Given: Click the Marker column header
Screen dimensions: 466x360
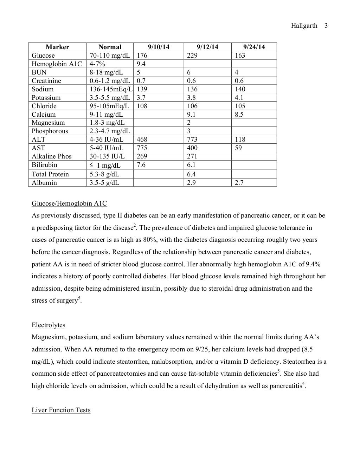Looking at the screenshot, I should pyautogui.click(x=57, y=47).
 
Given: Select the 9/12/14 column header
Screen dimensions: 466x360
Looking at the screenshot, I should pyautogui.click(x=207, y=47).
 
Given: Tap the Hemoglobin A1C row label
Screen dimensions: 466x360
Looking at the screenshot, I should pyautogui.click(x=57, y=64).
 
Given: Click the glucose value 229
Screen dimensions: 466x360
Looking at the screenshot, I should pyautogui.click(x=192, y=56).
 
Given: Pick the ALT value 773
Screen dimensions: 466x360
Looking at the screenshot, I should pyautogui.click(x=192, y=140).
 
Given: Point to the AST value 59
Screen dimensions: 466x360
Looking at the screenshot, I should pyautogui.click(x=238, y=148).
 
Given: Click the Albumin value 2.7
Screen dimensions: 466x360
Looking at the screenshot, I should pyautogui.click(x=239, y=183).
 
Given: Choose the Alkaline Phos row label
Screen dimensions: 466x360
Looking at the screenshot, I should pyautogui.click(x=52, y=156).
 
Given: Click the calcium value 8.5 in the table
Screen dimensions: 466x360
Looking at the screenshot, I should pyautogui.click(x=239, y=115).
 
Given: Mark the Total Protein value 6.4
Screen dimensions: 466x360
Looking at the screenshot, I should pyautogui.click(x=191, y=174).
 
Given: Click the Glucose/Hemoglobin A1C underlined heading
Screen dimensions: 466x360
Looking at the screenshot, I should pyautogui.click(x=69, y=203).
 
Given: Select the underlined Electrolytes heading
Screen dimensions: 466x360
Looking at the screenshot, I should pyautogui.click(x=49, y=325).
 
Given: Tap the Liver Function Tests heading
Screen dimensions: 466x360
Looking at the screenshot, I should pyautogui.click(x=61, y=410).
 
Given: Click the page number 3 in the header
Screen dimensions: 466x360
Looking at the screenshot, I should pyautogui.click(x=326, y=26).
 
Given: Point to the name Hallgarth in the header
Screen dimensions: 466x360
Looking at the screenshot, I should pyautogui.click(x=304, y=26).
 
